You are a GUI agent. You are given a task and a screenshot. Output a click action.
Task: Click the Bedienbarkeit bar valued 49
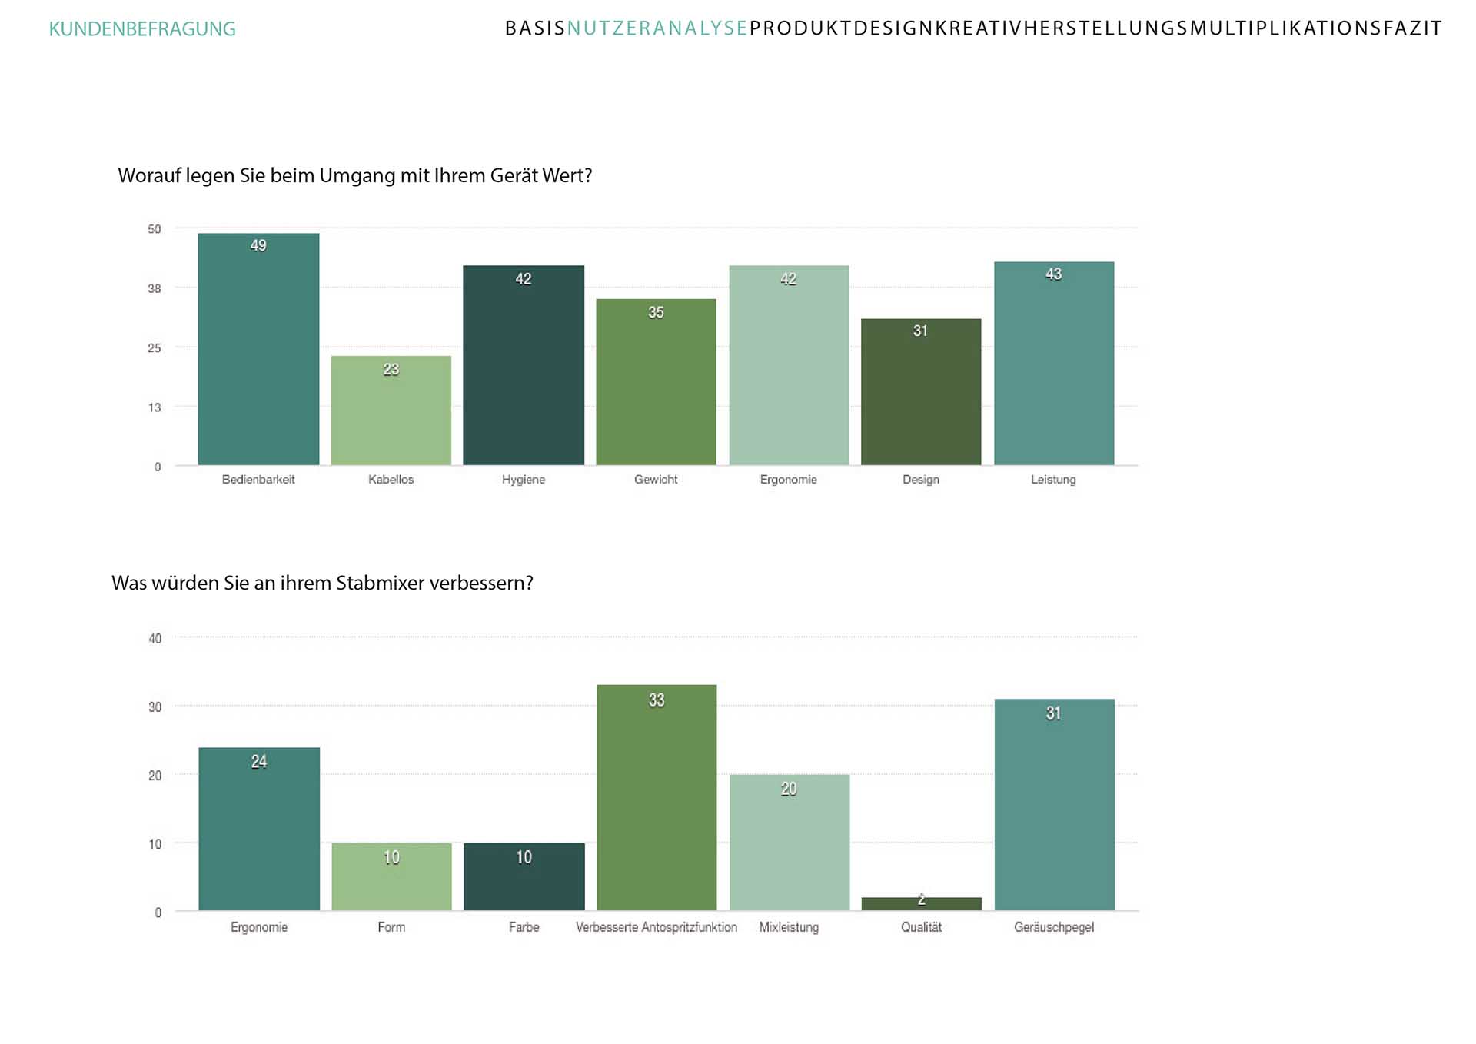click(x=258, y=350)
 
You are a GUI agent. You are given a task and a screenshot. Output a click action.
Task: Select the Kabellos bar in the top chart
click(x=391, y=411)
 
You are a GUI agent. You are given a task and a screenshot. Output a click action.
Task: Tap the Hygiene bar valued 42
click(x=524, y=365)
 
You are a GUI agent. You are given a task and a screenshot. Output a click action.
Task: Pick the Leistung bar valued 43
click(x=1053, y=364)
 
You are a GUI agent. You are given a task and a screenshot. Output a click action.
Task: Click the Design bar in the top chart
click(x=921, y=392)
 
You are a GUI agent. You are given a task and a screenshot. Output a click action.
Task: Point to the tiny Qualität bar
click(x=921, y=904)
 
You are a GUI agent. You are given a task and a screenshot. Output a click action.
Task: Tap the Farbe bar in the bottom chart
click(x=524, y=877)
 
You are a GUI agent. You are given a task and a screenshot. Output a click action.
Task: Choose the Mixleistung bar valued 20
click(x=789, y=843)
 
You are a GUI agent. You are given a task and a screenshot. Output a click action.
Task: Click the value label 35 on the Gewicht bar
click(x=656, y=312)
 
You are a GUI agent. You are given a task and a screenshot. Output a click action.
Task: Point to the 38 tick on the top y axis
click(x=155, y=288)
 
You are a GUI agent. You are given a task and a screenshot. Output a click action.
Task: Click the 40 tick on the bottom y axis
click(x=155, y=638)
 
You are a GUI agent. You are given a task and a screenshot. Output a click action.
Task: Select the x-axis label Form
click(x=391, y=927)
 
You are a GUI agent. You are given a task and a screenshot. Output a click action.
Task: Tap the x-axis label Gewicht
click(x=656, y=479)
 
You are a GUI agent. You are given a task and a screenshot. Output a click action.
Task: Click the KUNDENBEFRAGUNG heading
click(x=142, y=29)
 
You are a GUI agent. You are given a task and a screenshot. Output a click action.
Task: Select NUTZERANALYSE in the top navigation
click(x=657, y=28)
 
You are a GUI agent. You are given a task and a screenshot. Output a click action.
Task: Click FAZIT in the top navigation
click(x=1412, y=28)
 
